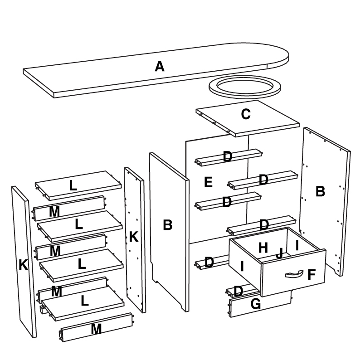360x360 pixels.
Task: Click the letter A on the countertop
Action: coord(159,67)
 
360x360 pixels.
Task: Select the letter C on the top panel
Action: coord(246,114)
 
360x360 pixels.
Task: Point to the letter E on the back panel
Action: coord(208,182)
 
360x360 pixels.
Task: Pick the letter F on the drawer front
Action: coord(311,275)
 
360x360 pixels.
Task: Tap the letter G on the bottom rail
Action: coord(256,304)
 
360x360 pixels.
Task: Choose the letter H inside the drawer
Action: coord(263,248)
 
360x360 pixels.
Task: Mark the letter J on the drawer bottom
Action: coord(279,253)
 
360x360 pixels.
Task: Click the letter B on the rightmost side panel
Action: coord(320,192)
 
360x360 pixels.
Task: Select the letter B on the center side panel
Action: coord(167,225)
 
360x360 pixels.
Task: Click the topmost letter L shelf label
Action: coord(73,185)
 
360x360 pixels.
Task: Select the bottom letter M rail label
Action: coord(96,329)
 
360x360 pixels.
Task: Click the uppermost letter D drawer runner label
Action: coord(228,157)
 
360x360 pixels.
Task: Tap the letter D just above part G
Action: coord(238,291)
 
